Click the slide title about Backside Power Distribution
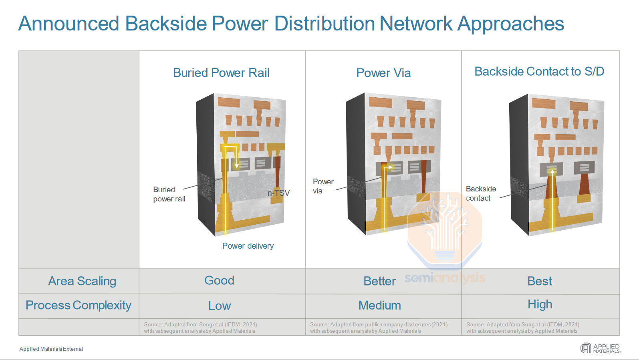pos(291,24)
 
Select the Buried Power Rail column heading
pos(221,73)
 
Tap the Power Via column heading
pos(383,73)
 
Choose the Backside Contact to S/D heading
pos(539,71)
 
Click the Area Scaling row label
pos(82,281)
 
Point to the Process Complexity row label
pos(79,305)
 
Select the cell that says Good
pos(219,280)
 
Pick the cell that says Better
pos(379,281)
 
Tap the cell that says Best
pos(540,281)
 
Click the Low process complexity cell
pos(220,306)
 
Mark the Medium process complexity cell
pos(379,306)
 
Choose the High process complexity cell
pos(540,304)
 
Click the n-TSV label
pos(278,193)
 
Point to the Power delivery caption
pos(248,246)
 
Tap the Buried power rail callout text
pos(169,194)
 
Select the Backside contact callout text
pos(481,193)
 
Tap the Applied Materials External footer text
pos(51,349)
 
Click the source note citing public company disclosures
pos(379,328)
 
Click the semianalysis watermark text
pos(445,278)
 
